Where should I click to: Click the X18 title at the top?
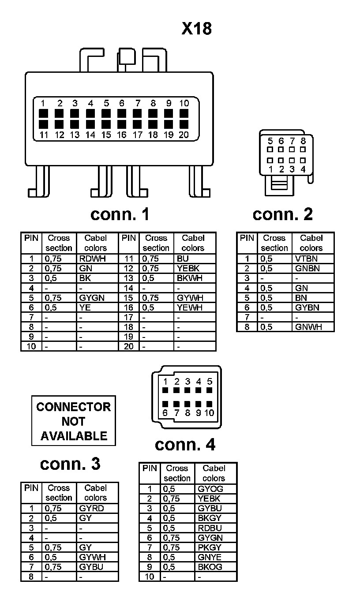pyautogui.click(x=197, y=29)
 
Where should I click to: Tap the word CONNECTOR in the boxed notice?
pyautogui.click(x=74, y=407)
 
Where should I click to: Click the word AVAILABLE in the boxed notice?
pyautogui.click(x=74, y=436)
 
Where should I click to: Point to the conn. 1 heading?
pyautogui.click(x=120, y=214)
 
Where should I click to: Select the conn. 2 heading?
pyautogui.click(x=283, y=214)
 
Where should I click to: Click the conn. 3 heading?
pyautogui.click(x=70, y=464)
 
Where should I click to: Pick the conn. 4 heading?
pyautogui.click(x=185, y=445)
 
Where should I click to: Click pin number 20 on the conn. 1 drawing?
pyautogui.click(x=184, y=135)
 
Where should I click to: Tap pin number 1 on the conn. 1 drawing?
pyautogui.click(x=43, y=103)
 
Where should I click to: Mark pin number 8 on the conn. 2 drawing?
pyautogui.click(x=303, y=141)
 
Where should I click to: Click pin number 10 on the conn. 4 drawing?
pyautogui.click(x=209, y=413)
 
